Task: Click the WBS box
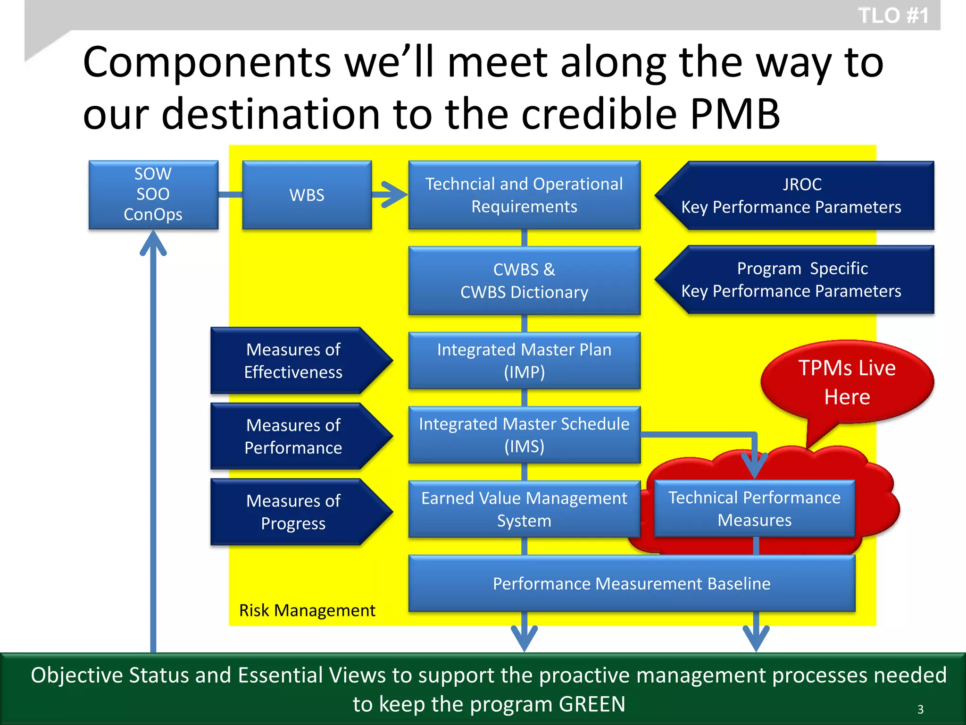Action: [x=307, y=195]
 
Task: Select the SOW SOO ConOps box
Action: [x=153, y=194]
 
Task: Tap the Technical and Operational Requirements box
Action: [x=524, y=195]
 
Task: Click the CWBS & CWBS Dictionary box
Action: [x=524, y=281]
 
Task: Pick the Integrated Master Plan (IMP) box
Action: [x=524, y=361]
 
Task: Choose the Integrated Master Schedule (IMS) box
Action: [x=524, y=435]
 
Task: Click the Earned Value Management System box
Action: [x=524, y=509]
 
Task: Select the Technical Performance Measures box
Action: [x=754, y=509]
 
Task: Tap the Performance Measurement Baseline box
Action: [x=632, y=584]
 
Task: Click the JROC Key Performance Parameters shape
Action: [x=797, y=195]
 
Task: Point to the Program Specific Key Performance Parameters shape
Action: [x=797, y=280]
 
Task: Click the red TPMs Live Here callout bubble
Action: [x=847, y=382]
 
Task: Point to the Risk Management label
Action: [x=307, y=610]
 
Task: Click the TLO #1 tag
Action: [x=893, y=16]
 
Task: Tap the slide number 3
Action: [x=920, y=709]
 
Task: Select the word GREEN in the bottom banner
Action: [x=592, y=704]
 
